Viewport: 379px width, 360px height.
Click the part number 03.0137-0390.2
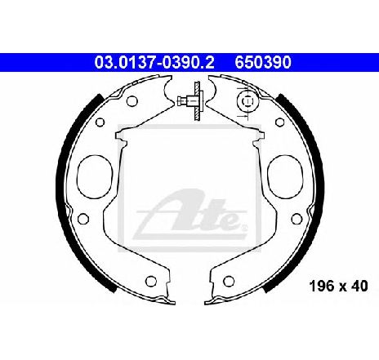pyautogui.click(x=154, y=62)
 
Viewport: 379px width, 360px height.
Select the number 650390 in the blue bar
pyautogui.click(x=263, y=62)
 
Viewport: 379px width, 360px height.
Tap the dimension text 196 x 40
pyautogui.click(x=339, y=286)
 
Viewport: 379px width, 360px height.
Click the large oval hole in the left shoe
pyautogui.click(x=95, y=177)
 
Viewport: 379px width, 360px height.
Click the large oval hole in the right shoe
pyautogui.click(x=285, y=177)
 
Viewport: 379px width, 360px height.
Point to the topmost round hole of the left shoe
pyautogui.click(x=132, y=101)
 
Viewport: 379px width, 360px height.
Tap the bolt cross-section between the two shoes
pyautogui.click(x=190, y=101)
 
